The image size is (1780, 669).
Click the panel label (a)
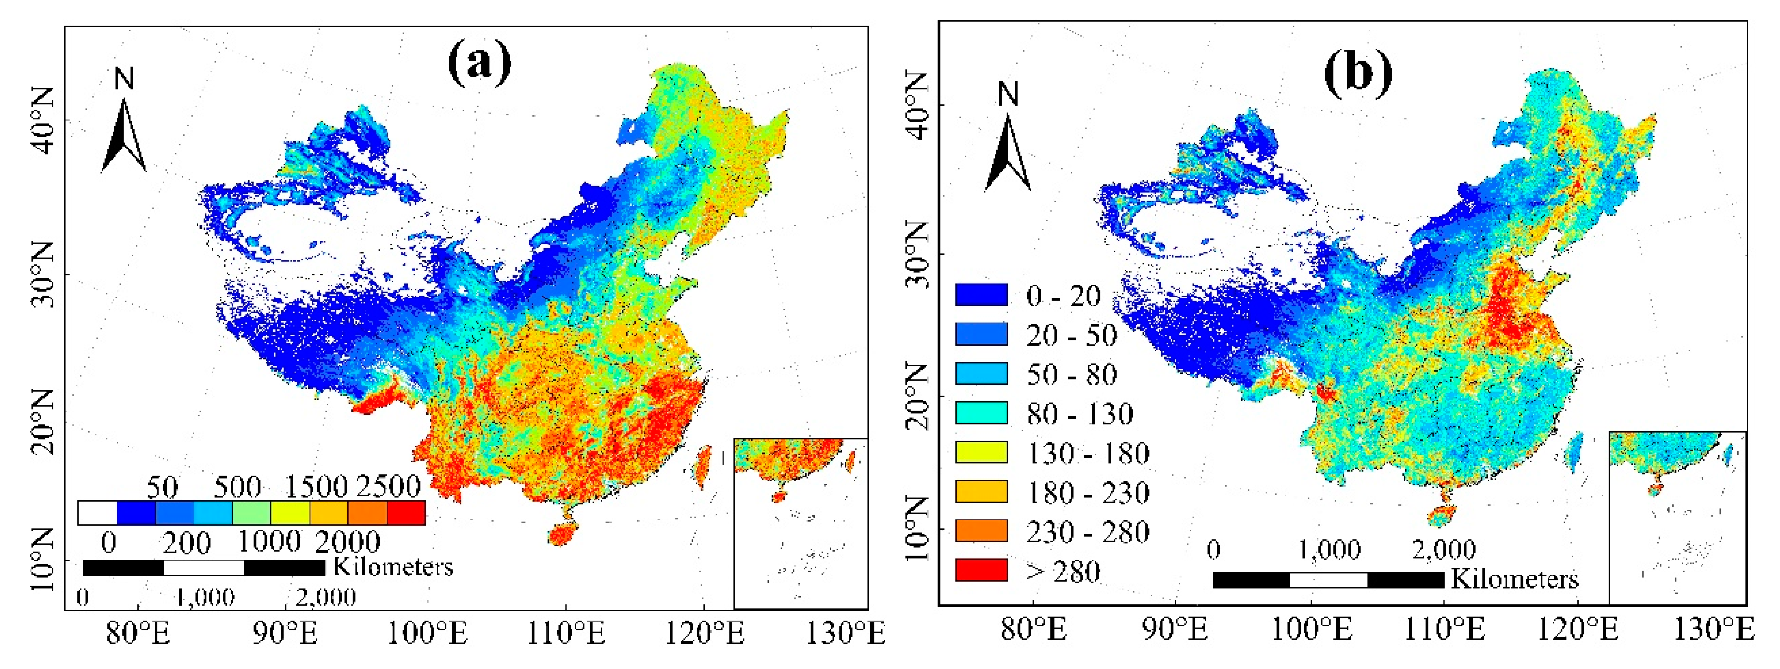(479, 62)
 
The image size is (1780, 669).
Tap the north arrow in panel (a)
(124, 135)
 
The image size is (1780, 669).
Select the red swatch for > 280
(981, 570)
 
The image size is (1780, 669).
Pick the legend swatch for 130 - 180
(981, 452)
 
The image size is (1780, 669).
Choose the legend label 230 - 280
(1087, 531)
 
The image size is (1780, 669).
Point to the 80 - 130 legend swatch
(981, 413)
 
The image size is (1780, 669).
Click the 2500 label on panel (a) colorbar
(388, 487)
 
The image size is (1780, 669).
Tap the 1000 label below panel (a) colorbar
(269, 541)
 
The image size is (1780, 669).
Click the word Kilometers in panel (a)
(393, 567)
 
